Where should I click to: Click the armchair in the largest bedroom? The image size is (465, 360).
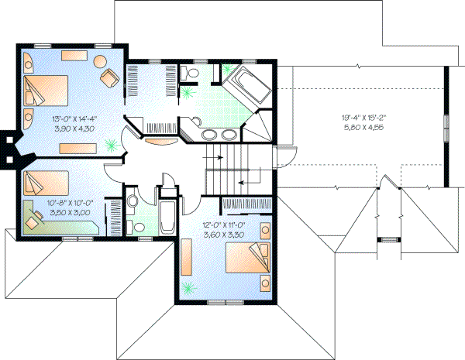coord(109,77)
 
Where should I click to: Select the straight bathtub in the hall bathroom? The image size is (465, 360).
coord(166,219)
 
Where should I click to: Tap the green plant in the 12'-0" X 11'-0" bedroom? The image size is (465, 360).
coord(188,290)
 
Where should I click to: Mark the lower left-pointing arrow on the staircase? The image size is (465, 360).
coord(246,181)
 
